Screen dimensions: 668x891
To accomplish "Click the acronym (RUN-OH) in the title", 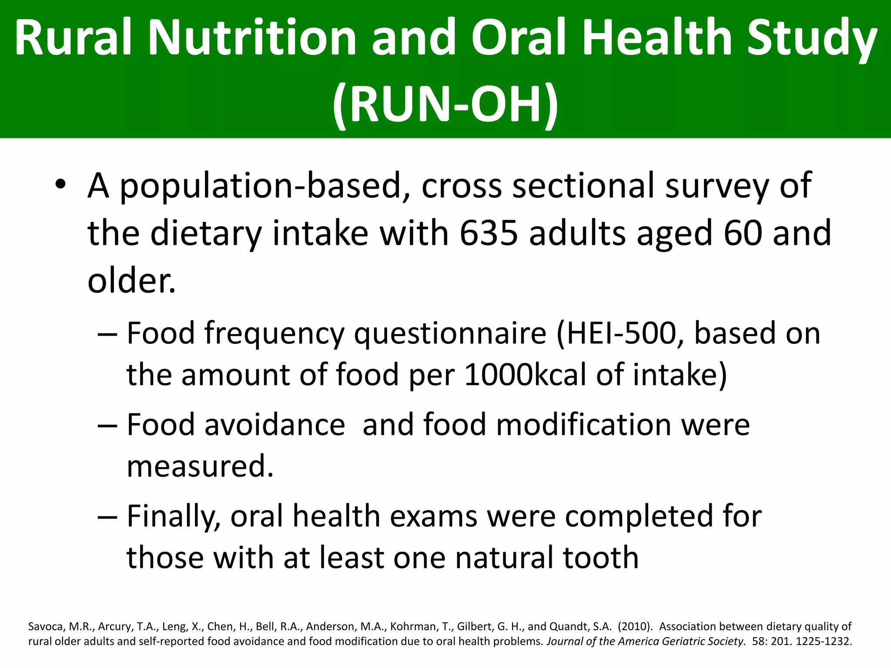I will (x=445, y=104).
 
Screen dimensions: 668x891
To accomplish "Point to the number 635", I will (x=488, y=233).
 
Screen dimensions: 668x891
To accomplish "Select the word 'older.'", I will (x=131, y=281).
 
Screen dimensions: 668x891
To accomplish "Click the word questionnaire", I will (x=450, y=334).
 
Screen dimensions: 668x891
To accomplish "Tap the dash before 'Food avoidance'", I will (x=107, y=425).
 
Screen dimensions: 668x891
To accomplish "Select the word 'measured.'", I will (x=200, y=466).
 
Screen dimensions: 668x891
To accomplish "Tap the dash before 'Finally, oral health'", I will (x=107, y=517).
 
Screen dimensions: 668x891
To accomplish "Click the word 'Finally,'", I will (x=173, y=517).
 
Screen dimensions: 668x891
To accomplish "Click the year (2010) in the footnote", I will (x=635, y=627).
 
